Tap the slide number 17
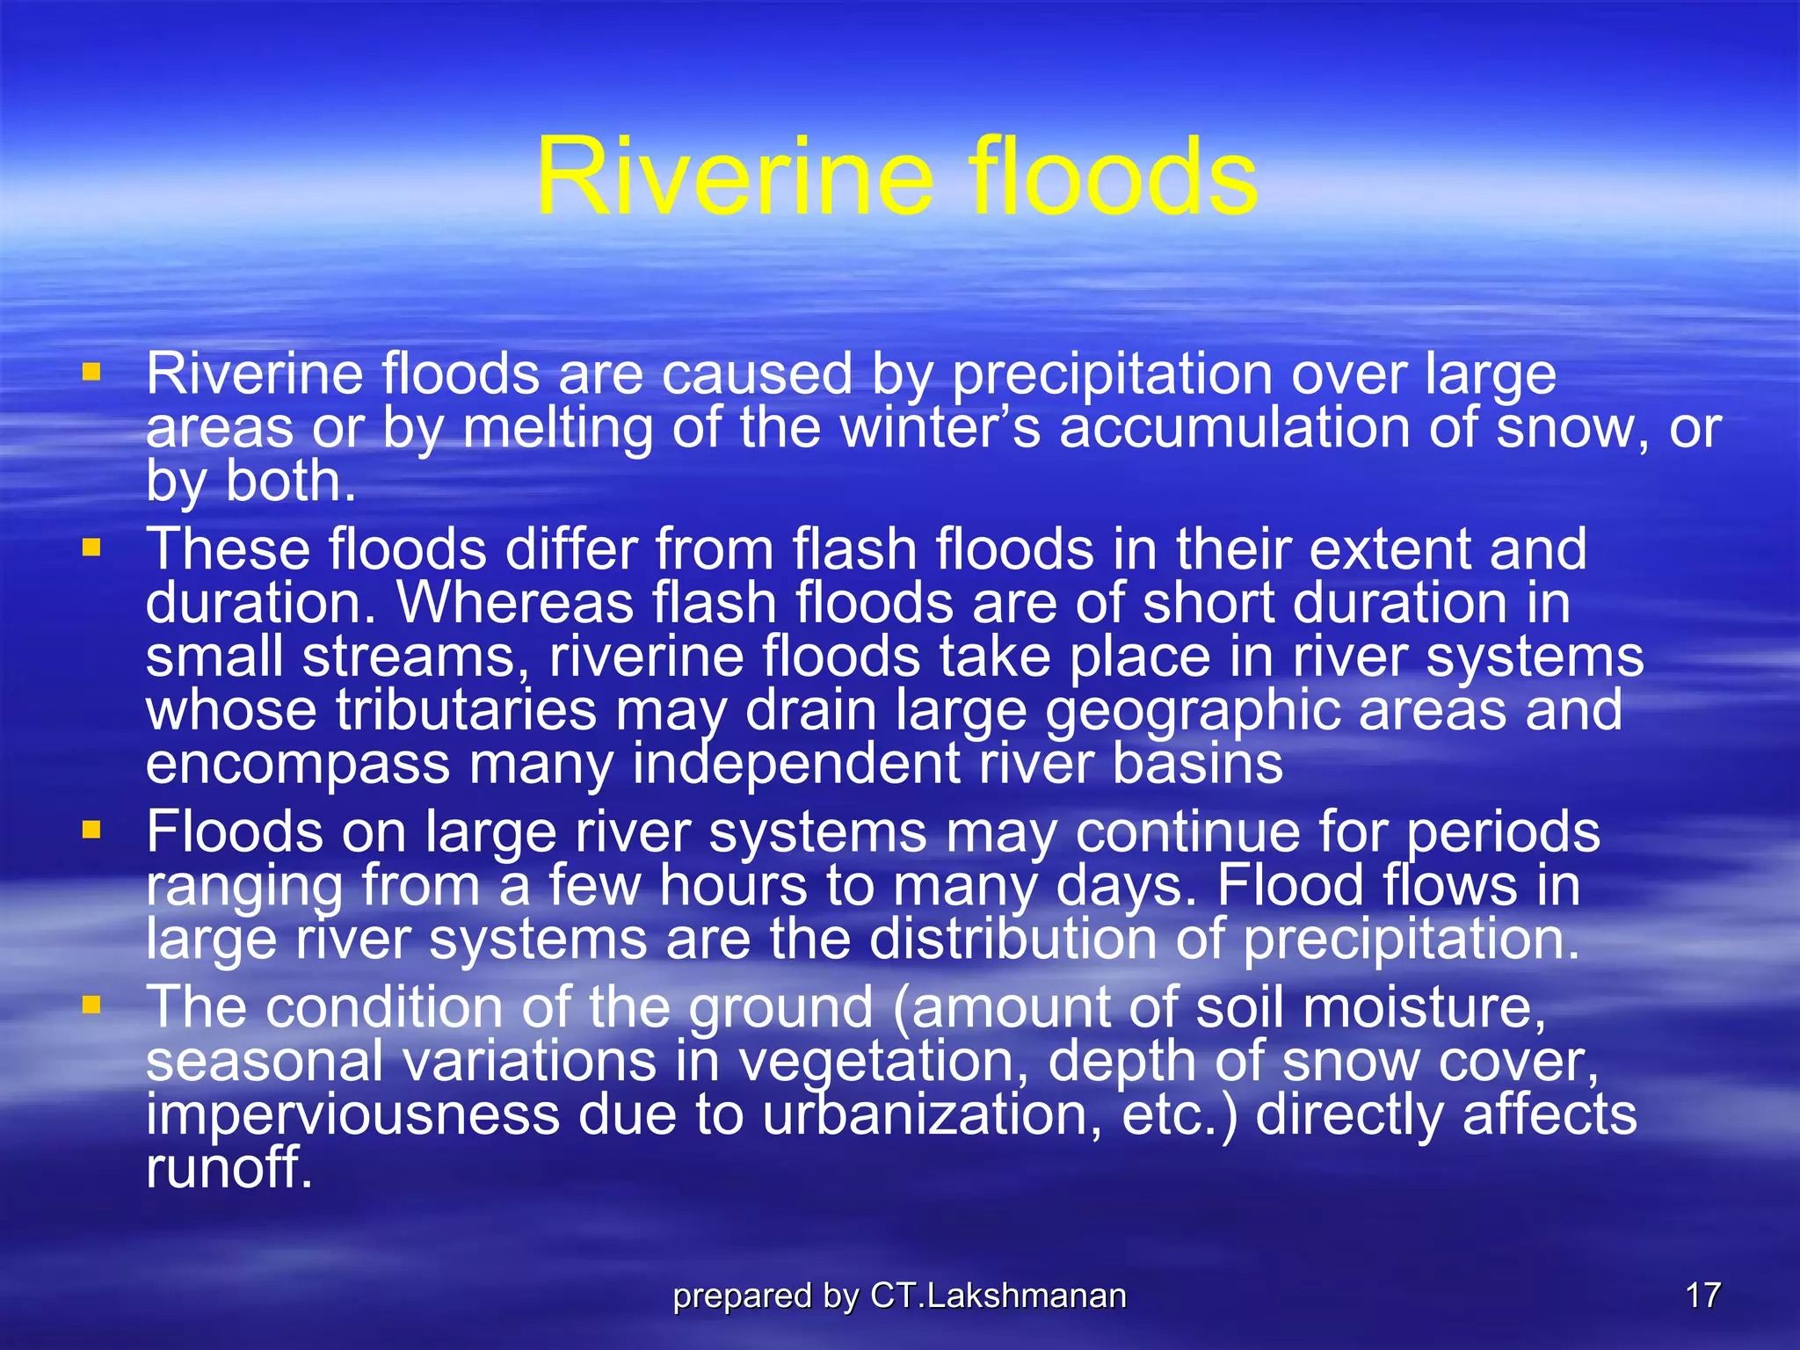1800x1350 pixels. (x=1702, y=1296)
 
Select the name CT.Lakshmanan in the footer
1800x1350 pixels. (x=998, y=1296)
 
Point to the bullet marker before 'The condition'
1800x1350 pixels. (x=91, y=1005)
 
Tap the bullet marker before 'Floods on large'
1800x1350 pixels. (x=91, y=830)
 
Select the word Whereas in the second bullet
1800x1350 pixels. (x=514, y=604)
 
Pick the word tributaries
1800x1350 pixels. (x=466, y=710)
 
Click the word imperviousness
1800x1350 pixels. (x=352, y=1114)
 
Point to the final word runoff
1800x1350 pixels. (x=229, y=1168)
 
